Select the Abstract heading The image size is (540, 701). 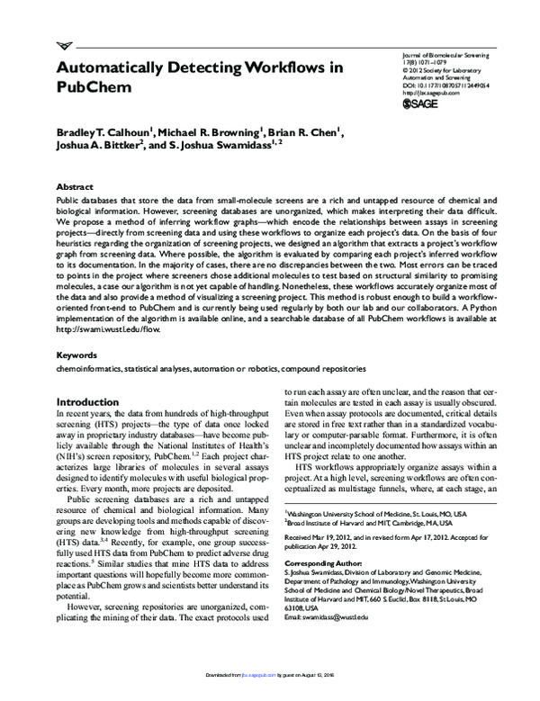[76, 180]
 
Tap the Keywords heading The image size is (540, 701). [78, 381]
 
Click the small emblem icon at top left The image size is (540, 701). [64, 46]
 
